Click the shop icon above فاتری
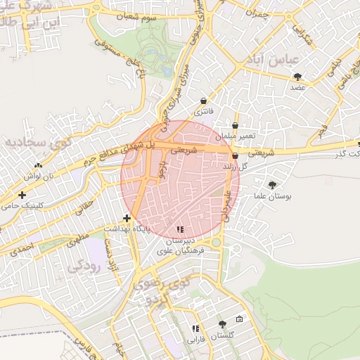(204, 101)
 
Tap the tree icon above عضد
(298, 76)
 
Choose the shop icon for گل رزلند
(235, 156)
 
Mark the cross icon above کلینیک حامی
(22, 195)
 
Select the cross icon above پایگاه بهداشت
(127, 218)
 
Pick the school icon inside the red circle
(181, 229)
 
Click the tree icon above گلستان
(222, 324)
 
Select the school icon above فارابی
(195, 328)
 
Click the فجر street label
(321, 129)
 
